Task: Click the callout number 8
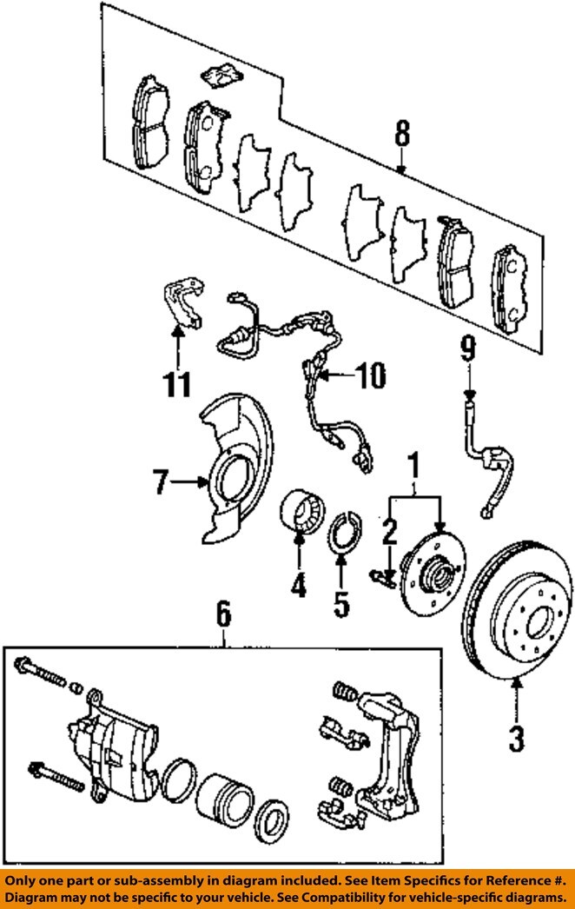coord(402,135)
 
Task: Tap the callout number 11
coord(177,383)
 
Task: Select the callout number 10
coord(370,376)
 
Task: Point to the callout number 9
coord(468,349)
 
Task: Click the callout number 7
coord(162,481)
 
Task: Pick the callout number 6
coord(224,614)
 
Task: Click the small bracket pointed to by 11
coord(183,302)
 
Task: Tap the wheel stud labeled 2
coord(381,577)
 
